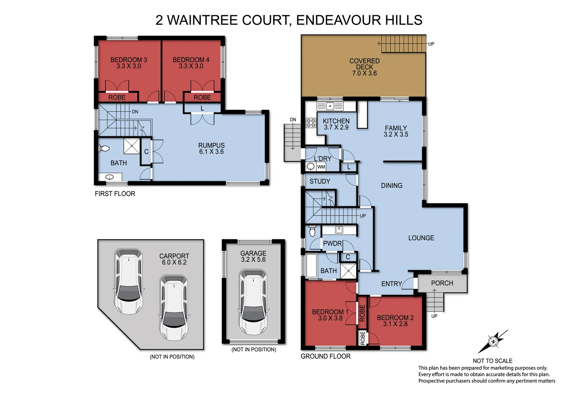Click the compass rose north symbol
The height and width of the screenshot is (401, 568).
[x=493, y=341]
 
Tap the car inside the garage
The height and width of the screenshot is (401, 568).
[x=253, y=302]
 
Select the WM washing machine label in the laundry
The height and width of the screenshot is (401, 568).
[x=321, y=167]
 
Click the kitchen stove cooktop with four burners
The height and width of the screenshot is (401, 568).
[x=311, y=123]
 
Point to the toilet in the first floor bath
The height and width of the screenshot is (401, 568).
[x=104, y=149]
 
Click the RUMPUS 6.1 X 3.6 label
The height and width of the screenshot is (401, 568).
[x=211, y=149]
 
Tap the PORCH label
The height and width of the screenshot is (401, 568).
[x=442, y=283]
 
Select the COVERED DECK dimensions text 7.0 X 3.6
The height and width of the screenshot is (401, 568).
[x=364, y=74]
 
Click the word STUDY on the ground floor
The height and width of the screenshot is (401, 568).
[x=320, y=182]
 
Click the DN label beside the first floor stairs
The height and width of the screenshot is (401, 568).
[x=135, y=112]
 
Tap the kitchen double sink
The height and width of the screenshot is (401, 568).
[x=330, y=107]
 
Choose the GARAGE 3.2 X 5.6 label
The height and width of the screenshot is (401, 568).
[x=253, y=257]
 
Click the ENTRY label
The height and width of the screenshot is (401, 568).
[x=391, y=284]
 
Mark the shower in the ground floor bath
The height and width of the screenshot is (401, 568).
[x=348, y=270]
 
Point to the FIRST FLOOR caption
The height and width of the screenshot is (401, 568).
[x=115, y=194]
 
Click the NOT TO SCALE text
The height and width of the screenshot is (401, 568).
[x=492, y=361]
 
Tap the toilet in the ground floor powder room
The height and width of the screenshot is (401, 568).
[x=312, y=232]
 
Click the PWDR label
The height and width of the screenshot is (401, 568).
[x=332, y=244]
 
